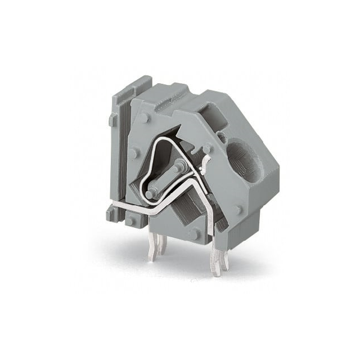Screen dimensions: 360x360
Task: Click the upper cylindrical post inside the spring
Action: click(179, 166)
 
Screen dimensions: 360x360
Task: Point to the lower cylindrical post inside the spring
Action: click(150, 193)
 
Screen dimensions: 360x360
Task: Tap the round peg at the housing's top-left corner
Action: click(145, 118)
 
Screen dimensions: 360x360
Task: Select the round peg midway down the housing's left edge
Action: click(133, 153)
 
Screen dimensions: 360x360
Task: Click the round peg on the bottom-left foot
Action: click(132, 220)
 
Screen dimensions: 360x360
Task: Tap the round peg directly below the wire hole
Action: click(238, 209)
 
